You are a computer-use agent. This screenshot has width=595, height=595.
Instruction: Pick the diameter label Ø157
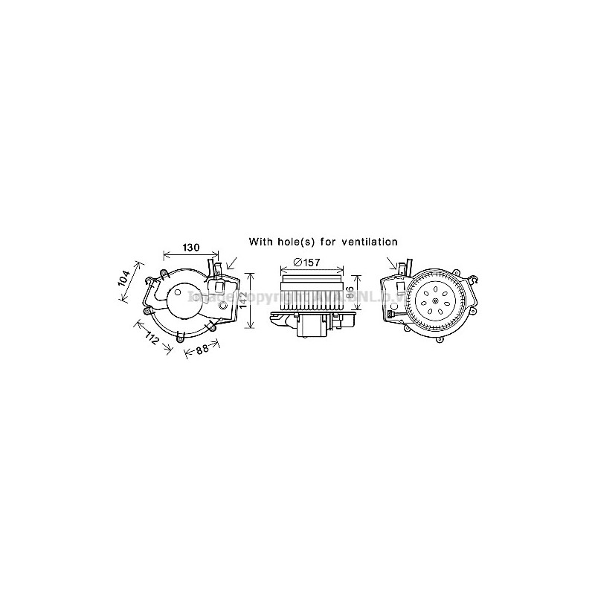pyautogui.click(x=306, y=262)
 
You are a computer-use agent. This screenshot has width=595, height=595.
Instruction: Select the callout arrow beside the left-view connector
pyautogui.click(x=233, y=264)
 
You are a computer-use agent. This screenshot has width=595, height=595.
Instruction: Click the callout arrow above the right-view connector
pyautogui.click(x=394, y=263)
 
